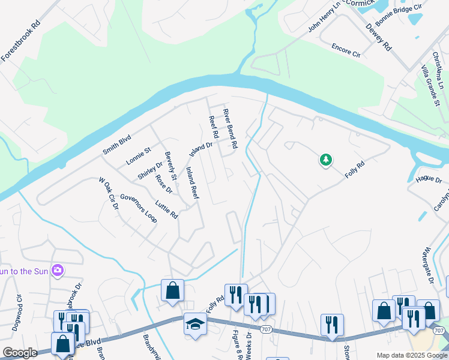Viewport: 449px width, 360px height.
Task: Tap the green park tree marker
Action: click(326, 160)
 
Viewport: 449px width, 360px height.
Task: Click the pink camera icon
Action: click(58, 271)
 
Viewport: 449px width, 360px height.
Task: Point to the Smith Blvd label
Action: click(116, 145)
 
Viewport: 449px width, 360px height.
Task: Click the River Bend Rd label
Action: click(231, 129)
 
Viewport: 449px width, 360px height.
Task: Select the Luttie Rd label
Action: click(167, 209)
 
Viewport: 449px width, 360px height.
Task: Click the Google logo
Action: click(20, 353)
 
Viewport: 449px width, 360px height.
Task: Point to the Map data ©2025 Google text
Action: click(411, 355)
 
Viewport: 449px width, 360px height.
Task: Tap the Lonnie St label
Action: click(139, 157)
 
